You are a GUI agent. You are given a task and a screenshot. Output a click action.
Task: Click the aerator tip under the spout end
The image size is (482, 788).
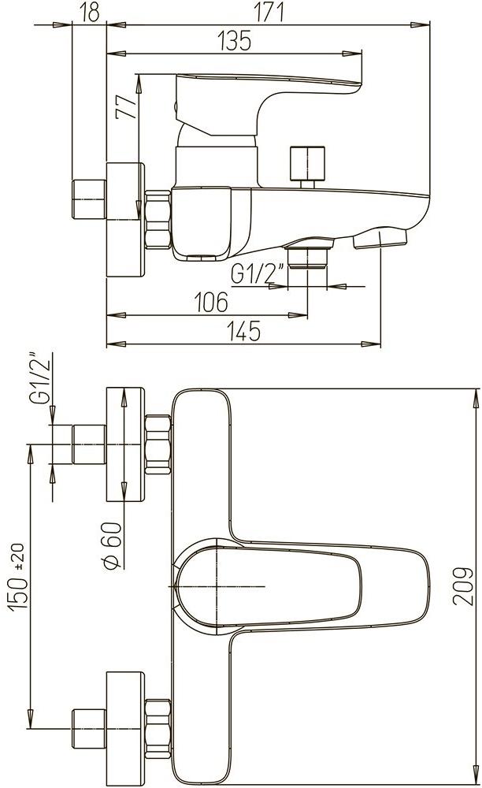pyautogui.click(x=381, y=238)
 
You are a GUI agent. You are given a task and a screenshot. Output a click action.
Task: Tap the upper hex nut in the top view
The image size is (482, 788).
pyautogui.click(x=158, y=444)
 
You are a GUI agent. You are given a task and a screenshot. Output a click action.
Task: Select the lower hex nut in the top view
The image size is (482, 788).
pyautogui.click(x=158, y=719)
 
